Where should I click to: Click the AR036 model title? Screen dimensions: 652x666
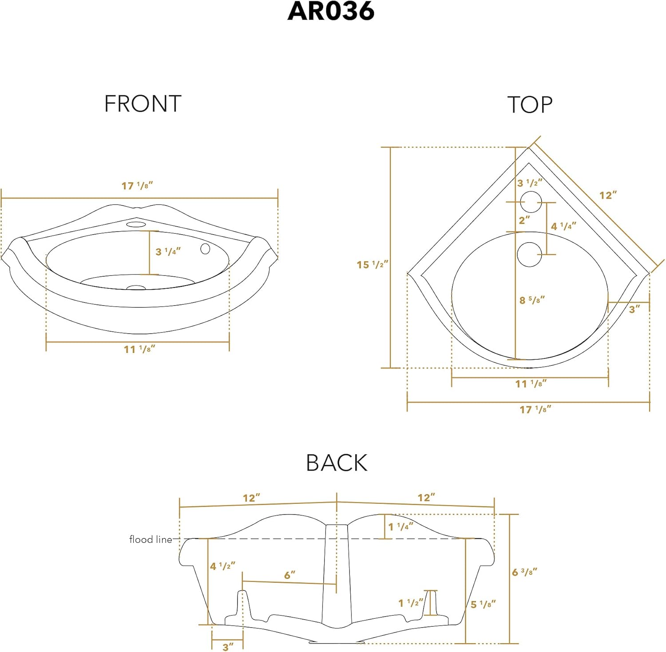331,12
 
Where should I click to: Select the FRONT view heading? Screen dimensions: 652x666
143,104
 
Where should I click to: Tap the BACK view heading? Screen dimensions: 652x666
337,463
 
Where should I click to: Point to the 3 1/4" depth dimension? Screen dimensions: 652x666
168,251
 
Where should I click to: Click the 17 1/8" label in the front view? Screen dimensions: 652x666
137,186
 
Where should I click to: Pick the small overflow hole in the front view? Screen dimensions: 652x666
205,249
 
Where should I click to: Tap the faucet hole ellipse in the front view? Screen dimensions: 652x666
136,224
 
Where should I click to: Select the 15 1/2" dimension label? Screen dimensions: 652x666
372,265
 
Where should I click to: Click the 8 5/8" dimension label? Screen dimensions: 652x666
532,300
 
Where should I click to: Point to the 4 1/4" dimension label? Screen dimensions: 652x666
563,226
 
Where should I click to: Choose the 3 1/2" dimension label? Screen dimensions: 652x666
530,183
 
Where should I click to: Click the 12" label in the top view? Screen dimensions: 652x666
608,195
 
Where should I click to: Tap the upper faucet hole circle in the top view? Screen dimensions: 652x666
531,202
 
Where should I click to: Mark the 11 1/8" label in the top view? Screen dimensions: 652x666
531,384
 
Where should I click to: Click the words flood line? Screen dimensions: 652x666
151,539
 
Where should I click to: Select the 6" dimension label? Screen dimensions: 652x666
289,575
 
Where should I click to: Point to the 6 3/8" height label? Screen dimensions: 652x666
524,572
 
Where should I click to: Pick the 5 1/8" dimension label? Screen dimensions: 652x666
483,604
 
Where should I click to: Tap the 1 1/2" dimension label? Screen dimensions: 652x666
411,603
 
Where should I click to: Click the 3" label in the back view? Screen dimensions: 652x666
228,647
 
